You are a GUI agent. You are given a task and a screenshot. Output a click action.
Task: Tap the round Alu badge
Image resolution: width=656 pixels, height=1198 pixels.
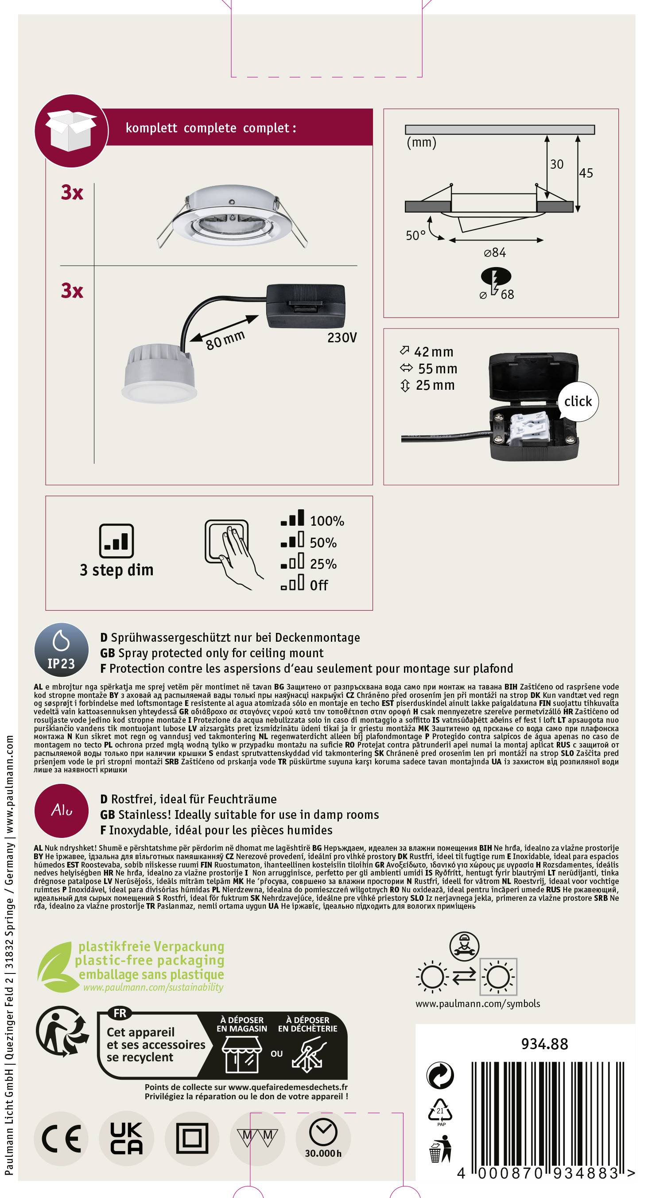(62, 810)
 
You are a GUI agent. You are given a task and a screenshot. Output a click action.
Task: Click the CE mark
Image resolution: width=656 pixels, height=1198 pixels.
(62, 1139)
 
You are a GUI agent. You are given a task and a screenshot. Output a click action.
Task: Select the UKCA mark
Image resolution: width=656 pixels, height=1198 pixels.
(127, 1138)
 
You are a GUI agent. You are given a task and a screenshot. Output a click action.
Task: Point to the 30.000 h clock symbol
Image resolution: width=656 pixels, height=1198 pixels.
(323, 1138)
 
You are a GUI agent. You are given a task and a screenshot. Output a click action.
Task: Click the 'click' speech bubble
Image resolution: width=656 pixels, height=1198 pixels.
(578, 401)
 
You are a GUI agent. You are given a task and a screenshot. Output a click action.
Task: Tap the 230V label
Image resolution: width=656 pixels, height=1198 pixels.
(342, 337)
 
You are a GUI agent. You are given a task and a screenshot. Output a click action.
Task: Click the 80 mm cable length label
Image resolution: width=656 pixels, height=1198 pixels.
(225, 340)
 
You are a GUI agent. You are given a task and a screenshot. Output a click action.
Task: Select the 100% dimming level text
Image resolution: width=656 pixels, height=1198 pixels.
(327, 521)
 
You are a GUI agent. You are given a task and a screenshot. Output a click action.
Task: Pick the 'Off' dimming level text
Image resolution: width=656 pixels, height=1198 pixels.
(319, 585)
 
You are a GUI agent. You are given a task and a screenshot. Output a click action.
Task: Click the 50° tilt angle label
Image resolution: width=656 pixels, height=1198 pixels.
(415, 235)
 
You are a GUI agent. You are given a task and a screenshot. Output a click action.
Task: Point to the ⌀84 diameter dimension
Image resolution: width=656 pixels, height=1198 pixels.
(495, 252)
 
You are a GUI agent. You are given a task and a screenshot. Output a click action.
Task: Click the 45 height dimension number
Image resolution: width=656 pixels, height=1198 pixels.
(586, 173)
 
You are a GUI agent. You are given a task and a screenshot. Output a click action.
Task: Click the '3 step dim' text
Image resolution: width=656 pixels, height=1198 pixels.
(116, 570)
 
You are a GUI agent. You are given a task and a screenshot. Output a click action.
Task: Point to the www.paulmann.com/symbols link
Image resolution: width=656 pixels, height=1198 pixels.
(478, 1004)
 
